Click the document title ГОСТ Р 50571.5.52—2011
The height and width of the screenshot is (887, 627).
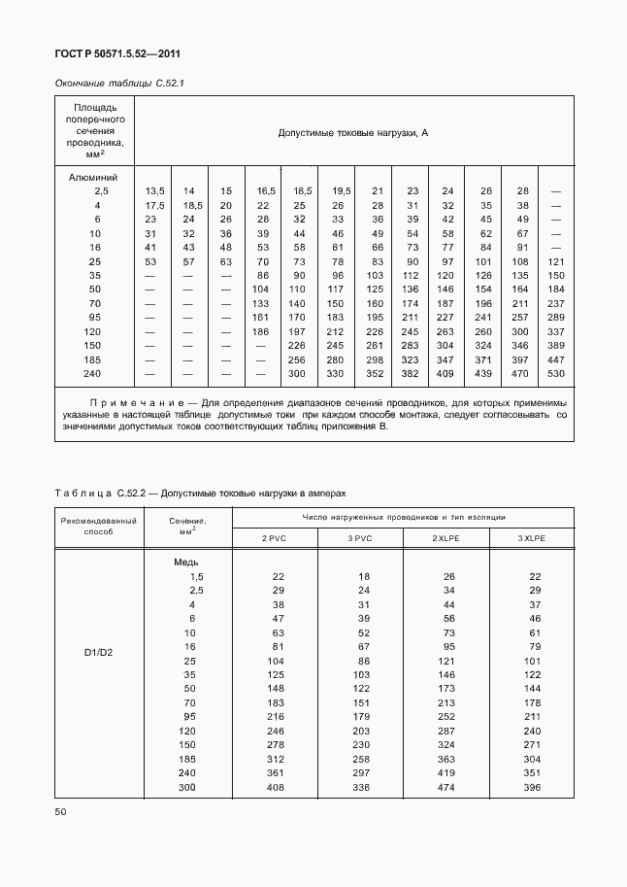click(119, 54)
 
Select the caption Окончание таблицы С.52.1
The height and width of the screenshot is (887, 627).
click(119, 84)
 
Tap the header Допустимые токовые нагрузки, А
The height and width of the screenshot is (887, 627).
click(353, 132)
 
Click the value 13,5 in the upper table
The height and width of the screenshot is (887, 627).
click(155, 191)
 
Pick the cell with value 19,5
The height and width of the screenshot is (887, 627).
click(340, 191)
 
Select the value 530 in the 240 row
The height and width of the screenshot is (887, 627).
click(556, 374)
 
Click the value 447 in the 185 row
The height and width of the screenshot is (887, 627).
click(556, 359)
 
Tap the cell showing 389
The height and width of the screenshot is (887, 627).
click(556, 345)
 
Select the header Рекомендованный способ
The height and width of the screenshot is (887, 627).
click(98, 527)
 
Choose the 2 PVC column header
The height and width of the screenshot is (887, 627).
click(275, 537)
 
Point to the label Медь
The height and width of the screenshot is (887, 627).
click(186, 563)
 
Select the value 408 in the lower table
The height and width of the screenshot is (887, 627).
click(276, 787)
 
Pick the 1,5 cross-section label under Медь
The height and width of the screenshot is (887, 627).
click(197, 576)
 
